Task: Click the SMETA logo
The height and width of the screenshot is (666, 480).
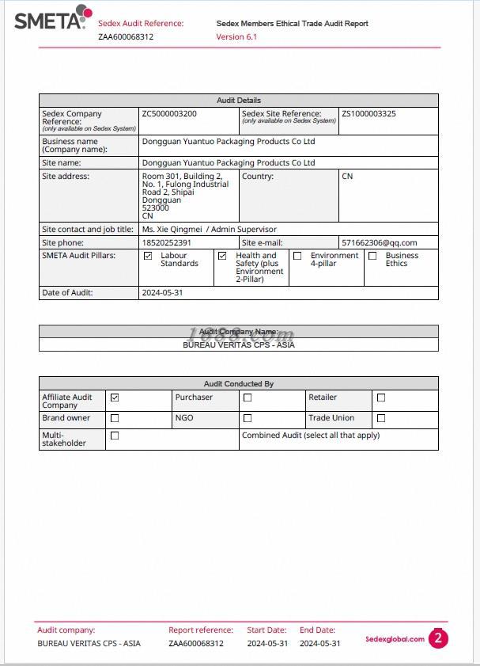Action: [52, 17]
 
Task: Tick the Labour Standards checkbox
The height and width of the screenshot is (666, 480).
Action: [148, 256]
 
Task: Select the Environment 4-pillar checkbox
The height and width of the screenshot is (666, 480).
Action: [297, 256]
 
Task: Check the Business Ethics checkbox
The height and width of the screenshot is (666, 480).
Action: [372, 256]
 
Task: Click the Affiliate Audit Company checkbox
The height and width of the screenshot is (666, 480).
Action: [115, 398]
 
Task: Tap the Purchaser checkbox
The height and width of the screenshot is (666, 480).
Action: [248, 398]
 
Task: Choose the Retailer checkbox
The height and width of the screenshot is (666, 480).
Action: [381, 398]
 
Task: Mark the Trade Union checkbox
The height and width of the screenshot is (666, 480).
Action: [381, 418]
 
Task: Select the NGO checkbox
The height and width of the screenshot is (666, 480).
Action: [248, 418]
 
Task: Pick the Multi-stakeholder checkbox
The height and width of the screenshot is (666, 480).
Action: [115, 436]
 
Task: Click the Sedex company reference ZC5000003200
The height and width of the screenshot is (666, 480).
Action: [169, 114]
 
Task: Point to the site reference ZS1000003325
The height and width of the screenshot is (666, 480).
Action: [369, 114]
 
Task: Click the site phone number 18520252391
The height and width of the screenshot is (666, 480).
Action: [166, 243]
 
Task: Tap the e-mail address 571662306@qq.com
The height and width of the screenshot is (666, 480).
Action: [379, 243]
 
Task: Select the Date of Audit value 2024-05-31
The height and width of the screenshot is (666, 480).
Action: [162, 293]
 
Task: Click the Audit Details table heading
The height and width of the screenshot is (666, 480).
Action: [238, 101]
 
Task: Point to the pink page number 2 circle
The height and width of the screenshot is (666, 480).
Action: [438, 638]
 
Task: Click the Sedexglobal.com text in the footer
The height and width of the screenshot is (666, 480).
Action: [395, 639]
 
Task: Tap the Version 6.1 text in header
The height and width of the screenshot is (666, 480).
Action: [236, 37]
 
